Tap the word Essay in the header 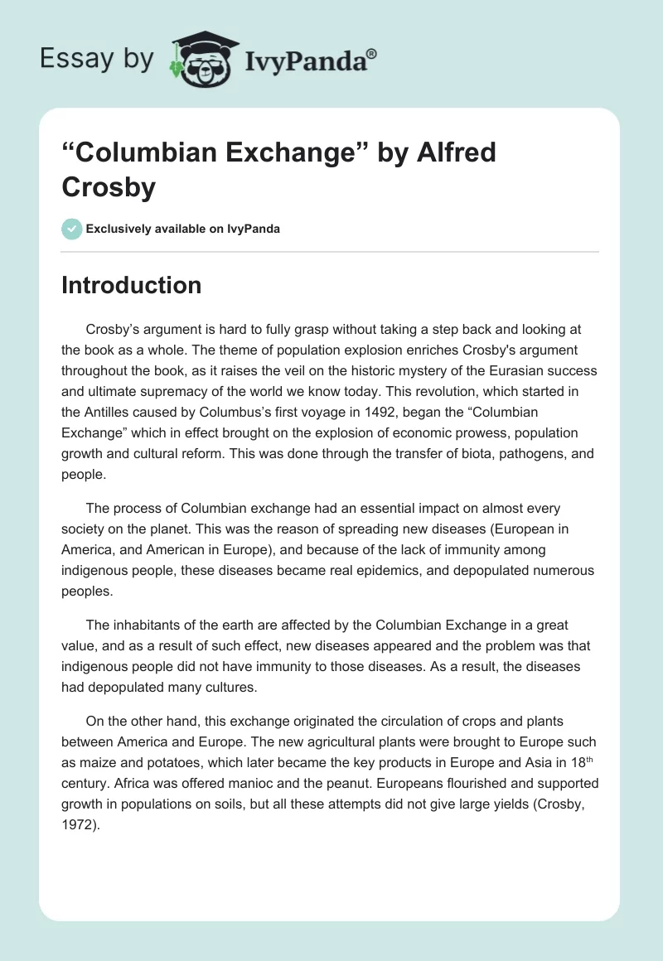[x=70, y=59]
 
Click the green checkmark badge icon [x=72, y=229]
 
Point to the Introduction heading [x=132, y=285]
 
